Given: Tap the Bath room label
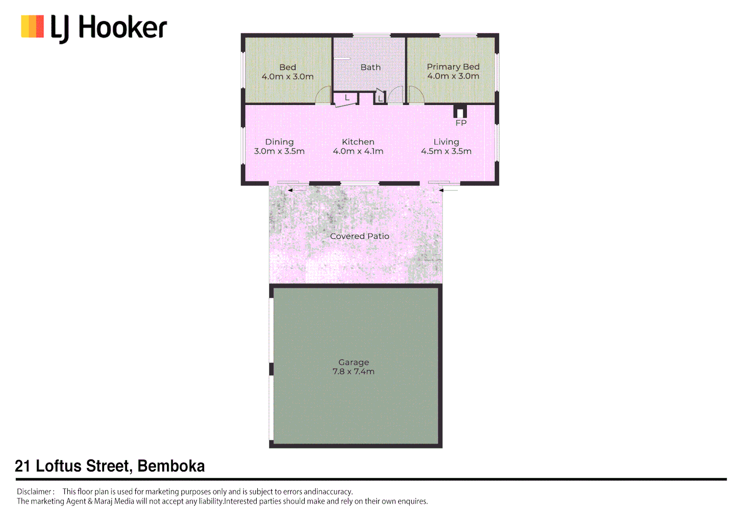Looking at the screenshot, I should (x=370, y=67).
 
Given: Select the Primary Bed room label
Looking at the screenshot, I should (x=453, y=67).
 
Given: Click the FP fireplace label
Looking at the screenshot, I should (x=461, y=123).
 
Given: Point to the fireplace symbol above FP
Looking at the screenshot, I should (x=460, y=112).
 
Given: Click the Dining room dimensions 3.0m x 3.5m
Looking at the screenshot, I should (x=279, y=151).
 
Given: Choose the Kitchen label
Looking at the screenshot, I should (x=358, y=142).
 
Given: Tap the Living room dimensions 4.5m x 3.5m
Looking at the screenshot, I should (x=446, y=151).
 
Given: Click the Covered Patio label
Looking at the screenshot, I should (x=359, y=236).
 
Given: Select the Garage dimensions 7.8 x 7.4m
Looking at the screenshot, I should (x=354, y=372).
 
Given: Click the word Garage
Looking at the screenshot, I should (x=354, y=363).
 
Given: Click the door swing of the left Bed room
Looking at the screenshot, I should (x=323, y=95).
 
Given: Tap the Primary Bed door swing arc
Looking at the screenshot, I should (x=416, y=95).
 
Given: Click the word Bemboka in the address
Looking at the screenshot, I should (x=171, y=466).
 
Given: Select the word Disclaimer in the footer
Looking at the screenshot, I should (x=35, y=492).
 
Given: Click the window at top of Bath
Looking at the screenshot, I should (x=371, y=35).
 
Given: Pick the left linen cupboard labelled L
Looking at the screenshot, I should (x=346, y=98).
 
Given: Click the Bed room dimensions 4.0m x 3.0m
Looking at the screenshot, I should (x=287, y=77).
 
